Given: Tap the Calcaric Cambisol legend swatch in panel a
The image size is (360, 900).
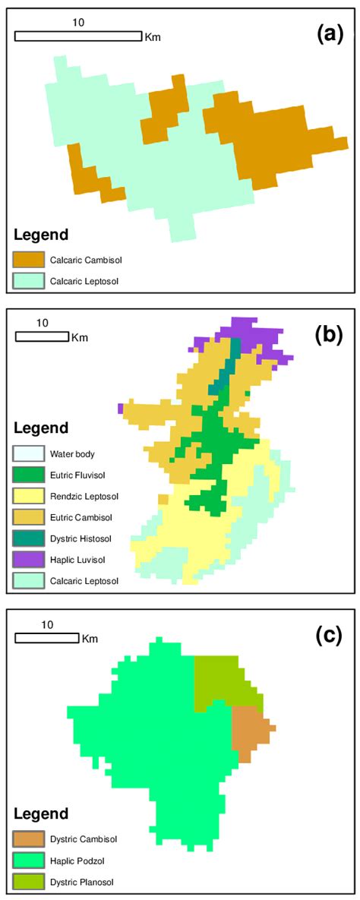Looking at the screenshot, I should coord(28,260).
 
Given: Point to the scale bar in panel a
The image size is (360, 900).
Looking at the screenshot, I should coord(78,36).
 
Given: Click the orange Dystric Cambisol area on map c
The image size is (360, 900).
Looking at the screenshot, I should coord(248,728).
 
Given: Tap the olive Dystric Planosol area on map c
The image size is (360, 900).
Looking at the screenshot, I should coord(217,681).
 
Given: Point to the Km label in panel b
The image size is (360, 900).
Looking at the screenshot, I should coord(80,336).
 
